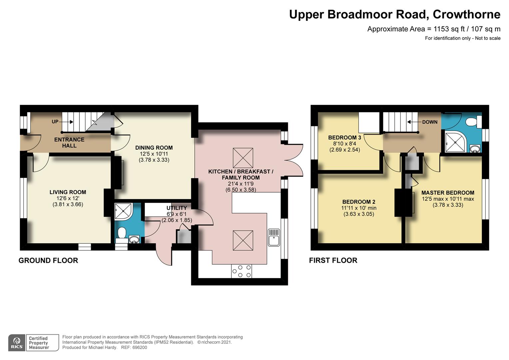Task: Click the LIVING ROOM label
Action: click(68, 192)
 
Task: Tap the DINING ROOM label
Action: click(154, 148)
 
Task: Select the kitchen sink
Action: click(274, 237)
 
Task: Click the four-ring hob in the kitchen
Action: click(242, 271)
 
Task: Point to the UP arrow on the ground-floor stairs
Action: click(66, 122)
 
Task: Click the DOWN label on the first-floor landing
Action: click(430, 122)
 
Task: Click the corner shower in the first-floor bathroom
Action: click(455, 142)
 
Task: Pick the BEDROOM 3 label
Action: click(344, 138)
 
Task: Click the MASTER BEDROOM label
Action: click(448, 193)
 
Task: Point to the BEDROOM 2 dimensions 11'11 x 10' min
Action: click(358, 208)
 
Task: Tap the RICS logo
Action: click(17, 343)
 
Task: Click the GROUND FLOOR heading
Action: click(48, 260)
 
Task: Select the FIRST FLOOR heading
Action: click(333, 260)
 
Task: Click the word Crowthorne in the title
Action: click(466, 15)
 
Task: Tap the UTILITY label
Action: click(177, 208)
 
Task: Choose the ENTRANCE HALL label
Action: click(69, 143)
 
